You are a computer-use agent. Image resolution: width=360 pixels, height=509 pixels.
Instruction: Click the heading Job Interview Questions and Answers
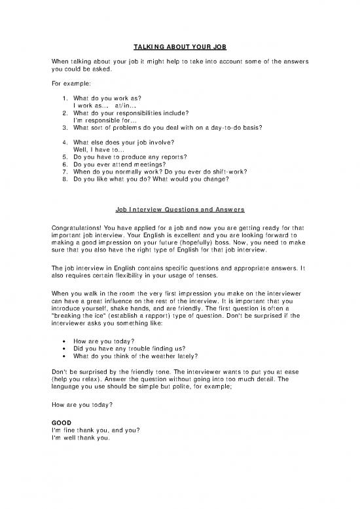(180, 210)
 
